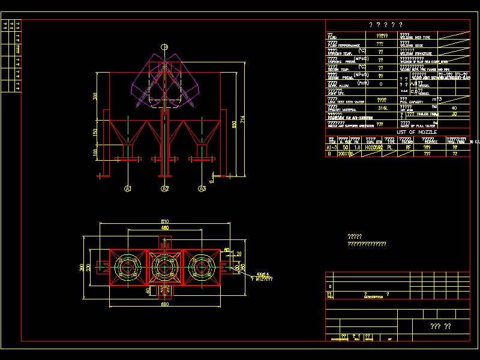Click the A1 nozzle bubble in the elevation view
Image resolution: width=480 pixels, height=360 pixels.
coord(128,189)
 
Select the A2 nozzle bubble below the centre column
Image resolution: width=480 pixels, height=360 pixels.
coord(165,189)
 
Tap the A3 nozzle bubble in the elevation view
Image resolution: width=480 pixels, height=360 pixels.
coord(202,189)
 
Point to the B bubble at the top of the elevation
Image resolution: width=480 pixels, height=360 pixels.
coord(164,47)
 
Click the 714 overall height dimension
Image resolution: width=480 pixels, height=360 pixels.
coord(243,120)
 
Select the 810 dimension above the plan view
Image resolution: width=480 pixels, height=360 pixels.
coord(164,221)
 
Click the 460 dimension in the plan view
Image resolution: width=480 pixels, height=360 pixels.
coord(164,228)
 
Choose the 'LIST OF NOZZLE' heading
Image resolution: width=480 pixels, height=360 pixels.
coord(416,132)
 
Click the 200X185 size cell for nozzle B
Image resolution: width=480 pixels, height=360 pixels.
coord(346,154)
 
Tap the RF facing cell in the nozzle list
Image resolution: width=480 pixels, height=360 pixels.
coord(409,146)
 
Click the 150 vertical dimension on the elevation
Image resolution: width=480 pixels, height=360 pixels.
coord(95,132)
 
